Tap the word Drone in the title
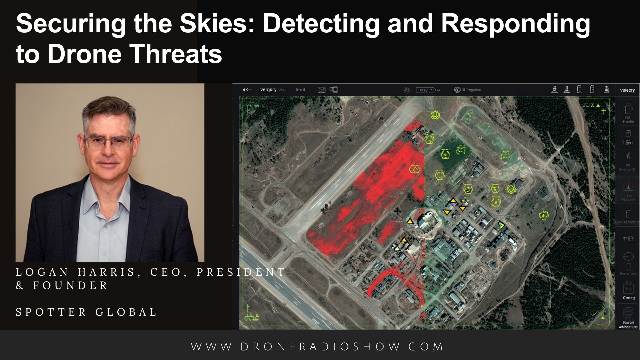click(x=85, y=54)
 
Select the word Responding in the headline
click(x=515, y=23)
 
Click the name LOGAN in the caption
click(x=42, y=272)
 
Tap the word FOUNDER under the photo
click(x=71, y=286)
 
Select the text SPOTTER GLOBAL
click(x=86, y=312)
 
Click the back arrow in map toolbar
click(x=247, y=90)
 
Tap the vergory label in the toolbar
click(x=268, y=90)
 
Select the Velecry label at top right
click(x=627, y=90)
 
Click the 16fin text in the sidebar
click(x=628, y=143)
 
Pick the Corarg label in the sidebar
click(x=629, y=298)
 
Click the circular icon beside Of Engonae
click(x=457, y=90)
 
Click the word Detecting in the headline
click(x=321, y=23)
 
